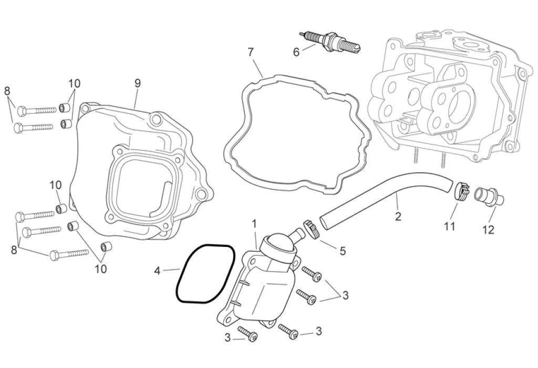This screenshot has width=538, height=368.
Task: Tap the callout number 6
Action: tap(296, 52)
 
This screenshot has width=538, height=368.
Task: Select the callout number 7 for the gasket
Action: tap(251, 52)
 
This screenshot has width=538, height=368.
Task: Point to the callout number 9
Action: tap(138, 83)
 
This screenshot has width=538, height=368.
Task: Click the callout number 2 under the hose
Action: tap(398, 216)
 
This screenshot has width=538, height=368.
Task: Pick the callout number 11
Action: tap(449, 227)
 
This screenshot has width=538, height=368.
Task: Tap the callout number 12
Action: tap(489, 230)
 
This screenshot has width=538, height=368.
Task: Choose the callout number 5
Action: tap(343, 251)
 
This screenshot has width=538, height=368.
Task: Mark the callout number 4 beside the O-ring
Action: tap(157, 271)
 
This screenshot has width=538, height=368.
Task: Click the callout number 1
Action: tap(254, 224)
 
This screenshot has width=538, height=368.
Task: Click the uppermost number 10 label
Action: tap(74, 83)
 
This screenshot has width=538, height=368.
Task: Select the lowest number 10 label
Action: tap(100, 269)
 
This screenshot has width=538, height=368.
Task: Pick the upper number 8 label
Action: tap(7, 91)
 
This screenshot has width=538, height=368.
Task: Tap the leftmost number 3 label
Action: tap(227, 338)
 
